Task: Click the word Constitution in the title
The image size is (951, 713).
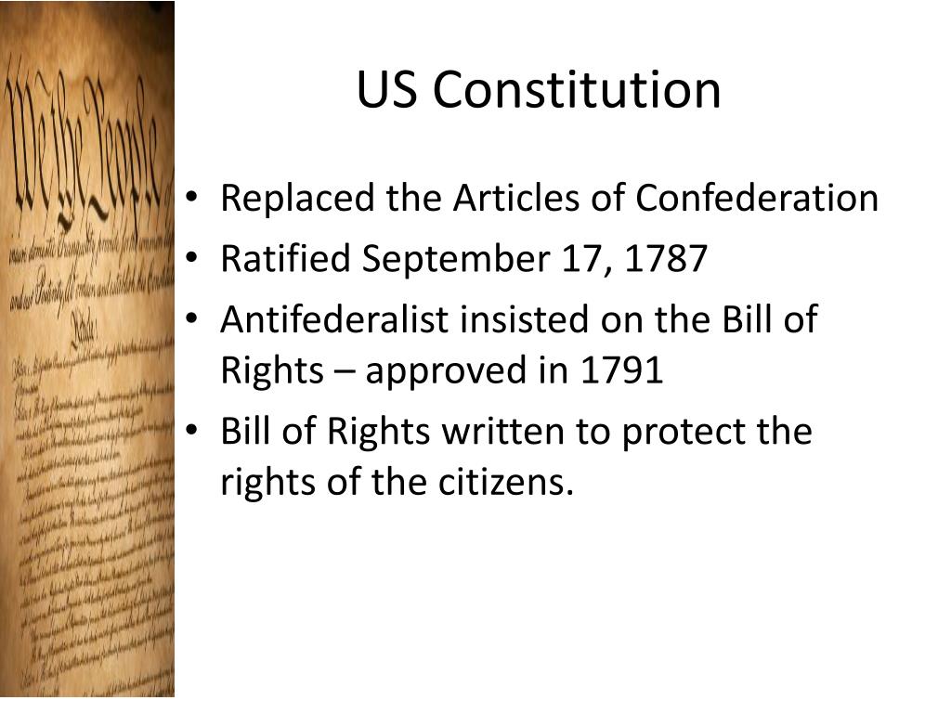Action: [x=576, y=91]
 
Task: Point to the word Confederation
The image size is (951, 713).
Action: [x=757, y=199]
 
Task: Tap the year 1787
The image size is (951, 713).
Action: [x=666, y=259]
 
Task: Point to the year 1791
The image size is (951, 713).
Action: [x=621, y=370]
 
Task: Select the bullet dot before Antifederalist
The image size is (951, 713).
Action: [x=190, y=321]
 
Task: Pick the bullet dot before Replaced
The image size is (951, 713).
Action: [x=190, y=200]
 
